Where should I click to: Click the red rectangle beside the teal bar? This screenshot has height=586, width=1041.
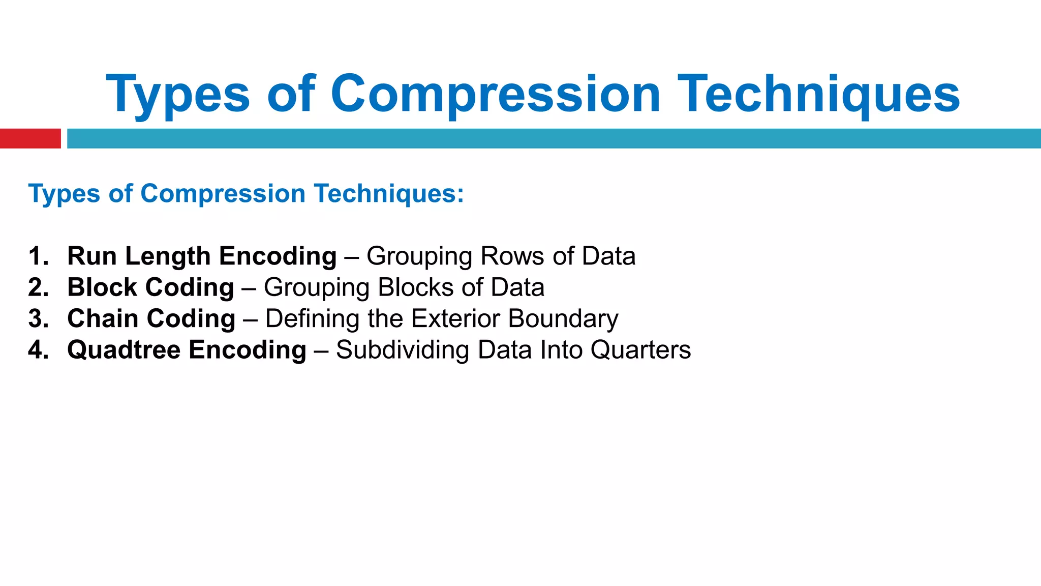(x=30, y=138)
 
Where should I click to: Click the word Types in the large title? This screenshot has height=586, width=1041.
(x=177, y=95)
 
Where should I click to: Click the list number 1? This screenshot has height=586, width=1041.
(x=38, y=256)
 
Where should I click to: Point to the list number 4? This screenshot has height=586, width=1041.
(x=38, y=350)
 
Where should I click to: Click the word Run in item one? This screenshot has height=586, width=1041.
(x=92, y=256)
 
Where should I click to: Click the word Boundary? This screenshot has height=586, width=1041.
(x=563, y=319)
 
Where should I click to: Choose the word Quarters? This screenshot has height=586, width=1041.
(x=640, y=350)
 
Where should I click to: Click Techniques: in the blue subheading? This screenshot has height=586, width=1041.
(x=388, y=194)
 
